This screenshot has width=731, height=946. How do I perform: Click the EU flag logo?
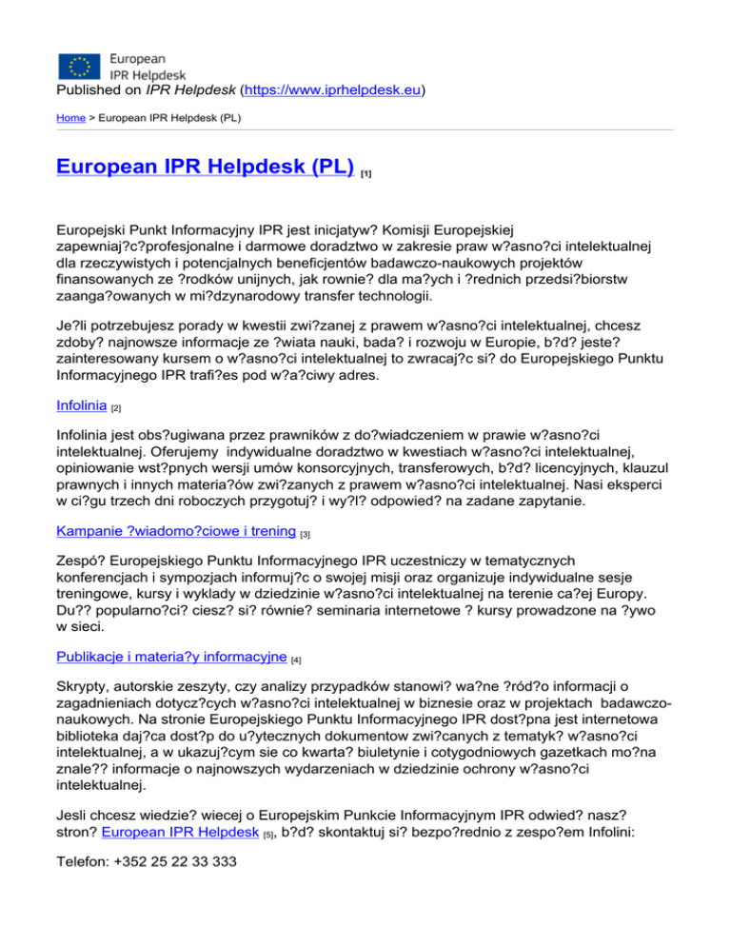tap(79, 65)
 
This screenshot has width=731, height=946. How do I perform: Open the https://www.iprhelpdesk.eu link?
tap(333, 92)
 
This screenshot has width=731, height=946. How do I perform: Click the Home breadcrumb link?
tap(72, 120)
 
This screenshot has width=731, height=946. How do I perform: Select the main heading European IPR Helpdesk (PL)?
tap(205, 168)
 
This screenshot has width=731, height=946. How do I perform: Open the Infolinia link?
tap(82, 381)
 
